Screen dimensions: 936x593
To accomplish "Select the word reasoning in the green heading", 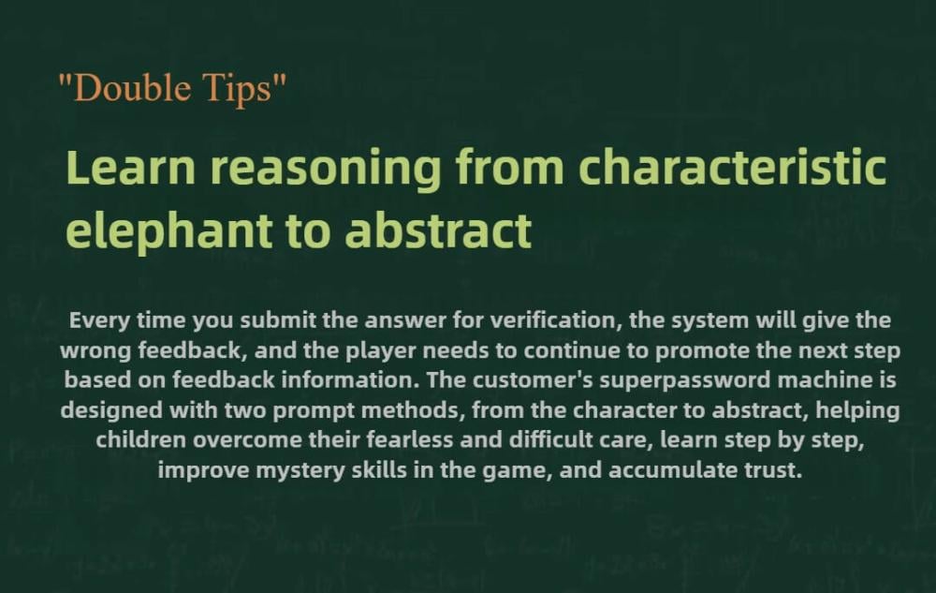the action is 326,170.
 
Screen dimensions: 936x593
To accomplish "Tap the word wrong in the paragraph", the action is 95,350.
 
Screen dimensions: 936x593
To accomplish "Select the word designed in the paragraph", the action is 111,410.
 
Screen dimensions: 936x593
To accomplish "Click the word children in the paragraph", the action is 141,440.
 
